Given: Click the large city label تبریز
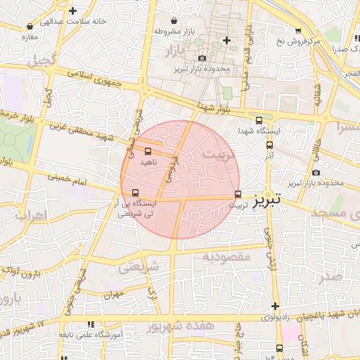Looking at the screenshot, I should (x=266, y=200).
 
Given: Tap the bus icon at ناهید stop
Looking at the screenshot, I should (x=148, y=151).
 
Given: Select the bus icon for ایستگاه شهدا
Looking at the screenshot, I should (x=259, y=120).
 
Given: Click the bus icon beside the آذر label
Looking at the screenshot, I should (x=269, y=145).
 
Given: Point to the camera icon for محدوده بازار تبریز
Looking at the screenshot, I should (x=202, y=58).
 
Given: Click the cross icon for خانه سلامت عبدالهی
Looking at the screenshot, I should (x=72, y=11).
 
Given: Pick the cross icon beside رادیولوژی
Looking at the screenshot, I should (x=275, y=306).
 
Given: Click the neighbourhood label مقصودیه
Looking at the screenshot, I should (x=226, y=257).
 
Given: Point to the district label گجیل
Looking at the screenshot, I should (x=41, y=60).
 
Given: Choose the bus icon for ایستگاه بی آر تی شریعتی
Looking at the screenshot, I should (x=135, y=193).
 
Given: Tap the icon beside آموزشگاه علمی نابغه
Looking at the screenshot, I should (x=89, y=325).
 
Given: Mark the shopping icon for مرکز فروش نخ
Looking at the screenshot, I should (x=298, y=30).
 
